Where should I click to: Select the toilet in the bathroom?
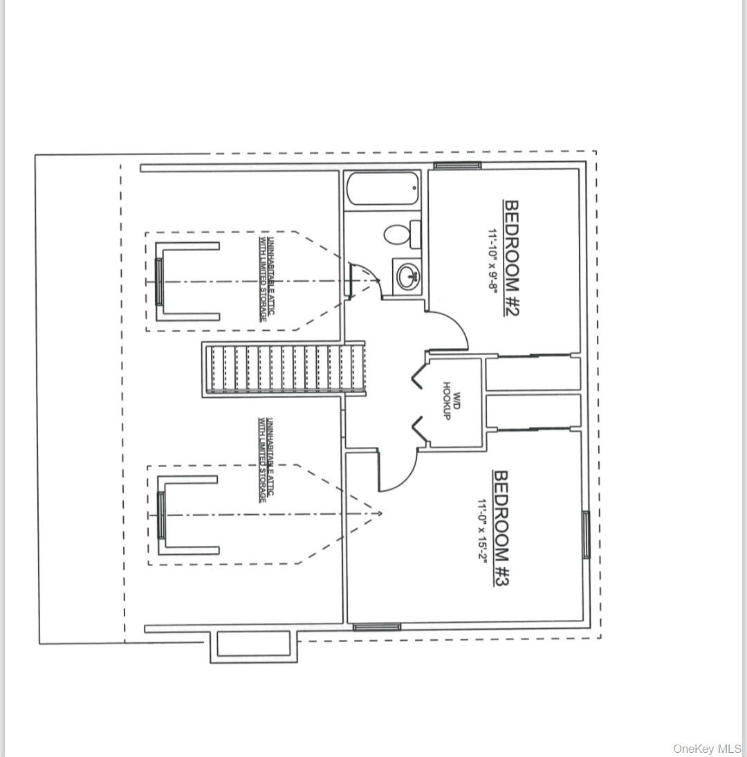tap(400, 234)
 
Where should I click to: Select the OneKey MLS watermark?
tap(707, 749)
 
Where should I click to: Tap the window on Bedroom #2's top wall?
tap(457, 165)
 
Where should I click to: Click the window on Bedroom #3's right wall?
tap(586, 534)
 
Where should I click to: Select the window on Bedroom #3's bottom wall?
tap(377, 627)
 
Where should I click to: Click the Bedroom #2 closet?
tap(532, 374)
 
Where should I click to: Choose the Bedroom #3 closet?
tap(532, 411)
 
